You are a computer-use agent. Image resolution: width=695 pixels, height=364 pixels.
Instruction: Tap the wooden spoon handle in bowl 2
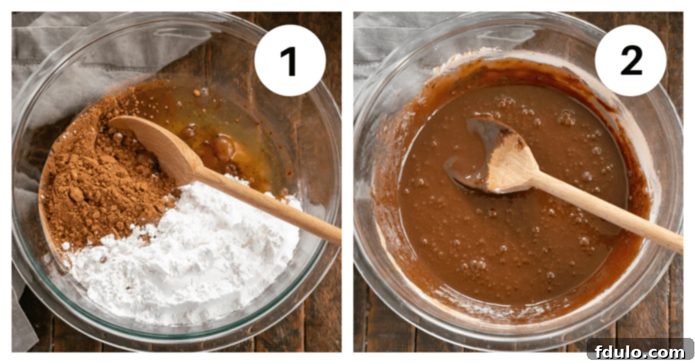coord(608,212)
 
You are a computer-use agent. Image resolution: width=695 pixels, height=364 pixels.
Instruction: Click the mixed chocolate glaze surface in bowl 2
coord(521,243)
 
